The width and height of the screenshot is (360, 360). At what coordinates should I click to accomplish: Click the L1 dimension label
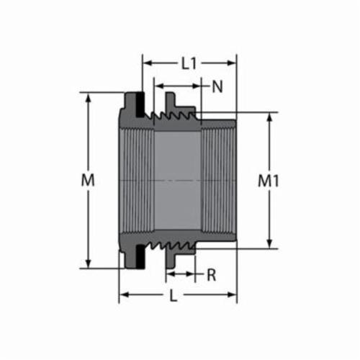coord(189,63)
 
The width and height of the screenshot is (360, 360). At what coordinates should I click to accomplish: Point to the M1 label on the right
coord(269,181)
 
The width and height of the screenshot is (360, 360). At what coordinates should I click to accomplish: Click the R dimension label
coord(212,274)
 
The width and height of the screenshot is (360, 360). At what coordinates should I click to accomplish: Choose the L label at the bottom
coord(173,297)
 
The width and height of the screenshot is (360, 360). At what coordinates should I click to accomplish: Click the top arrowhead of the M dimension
coord(89,96)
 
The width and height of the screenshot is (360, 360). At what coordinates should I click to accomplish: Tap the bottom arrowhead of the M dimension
coord(89,264)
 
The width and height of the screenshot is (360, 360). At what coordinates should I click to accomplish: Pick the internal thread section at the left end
coord(135,180)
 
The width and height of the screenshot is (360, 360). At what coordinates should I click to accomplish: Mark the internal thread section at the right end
coord(217,180)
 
